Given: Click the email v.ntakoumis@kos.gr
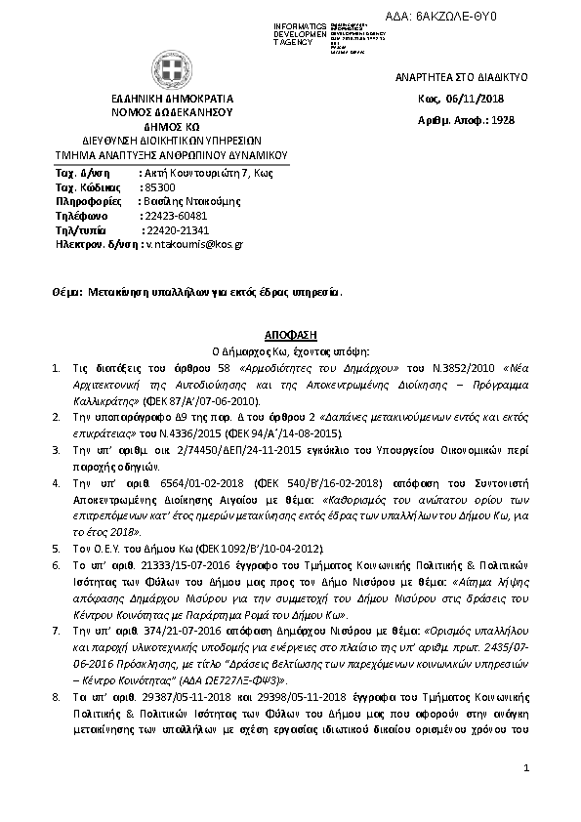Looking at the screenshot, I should pyautogui.click(x=194, y=244).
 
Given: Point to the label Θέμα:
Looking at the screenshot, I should pyautogui.click(x=67, y=291).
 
